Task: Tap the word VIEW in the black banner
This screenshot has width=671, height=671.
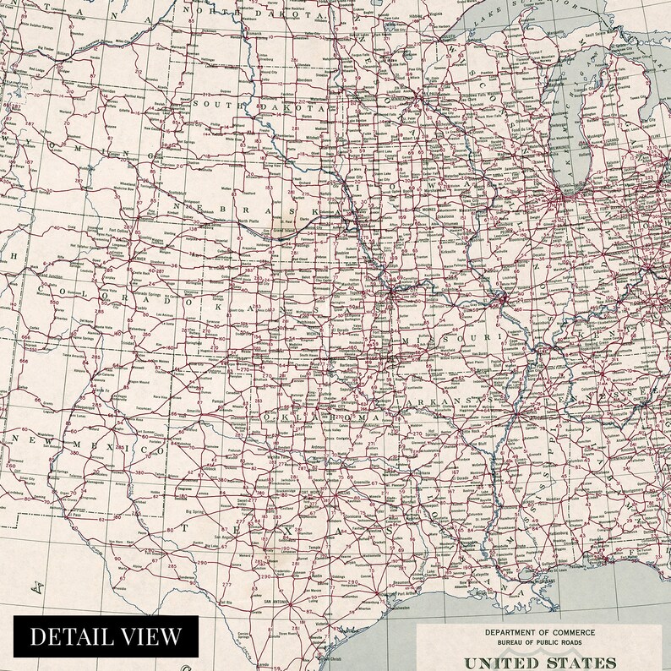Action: click(150, 636)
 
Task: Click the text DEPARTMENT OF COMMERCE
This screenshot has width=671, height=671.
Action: click(538, 632)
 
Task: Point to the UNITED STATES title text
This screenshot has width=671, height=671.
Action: click(538, 662)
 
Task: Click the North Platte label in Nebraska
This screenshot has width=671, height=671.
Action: click(248, 221)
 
